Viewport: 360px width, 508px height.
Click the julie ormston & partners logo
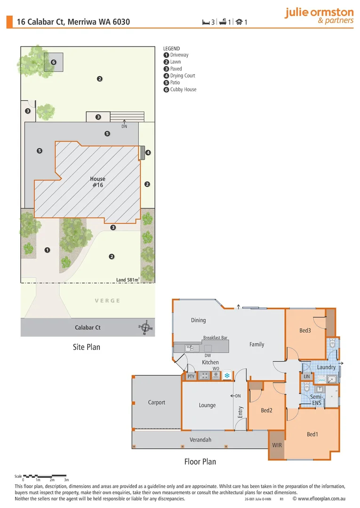319,16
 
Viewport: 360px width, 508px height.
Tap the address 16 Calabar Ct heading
73,22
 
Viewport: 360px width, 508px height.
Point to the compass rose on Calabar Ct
147,327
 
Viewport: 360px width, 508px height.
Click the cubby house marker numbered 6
54,62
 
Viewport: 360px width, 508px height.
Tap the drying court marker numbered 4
148,152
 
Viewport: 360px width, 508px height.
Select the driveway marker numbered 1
47,250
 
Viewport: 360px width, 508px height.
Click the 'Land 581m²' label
128,280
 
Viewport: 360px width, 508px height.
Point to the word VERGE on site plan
107,301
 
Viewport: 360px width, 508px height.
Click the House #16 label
98,182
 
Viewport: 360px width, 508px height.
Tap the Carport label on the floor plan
157,403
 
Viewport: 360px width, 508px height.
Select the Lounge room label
207,405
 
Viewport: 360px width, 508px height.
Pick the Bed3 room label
305,331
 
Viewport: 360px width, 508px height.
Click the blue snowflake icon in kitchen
227,376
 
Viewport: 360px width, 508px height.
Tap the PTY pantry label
191,376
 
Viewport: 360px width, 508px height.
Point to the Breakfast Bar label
215,338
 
